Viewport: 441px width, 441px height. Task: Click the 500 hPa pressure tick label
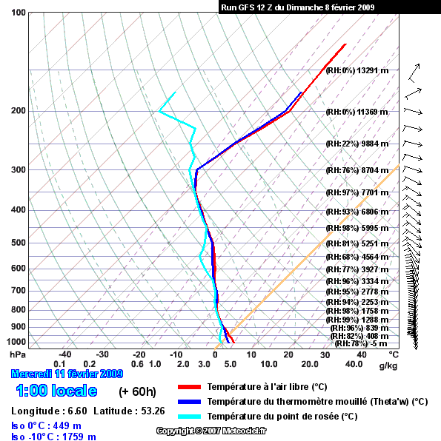pyautogui.click(x=19, y=243)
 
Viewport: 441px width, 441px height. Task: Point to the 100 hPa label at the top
pyautogui.click(x=19, y=13)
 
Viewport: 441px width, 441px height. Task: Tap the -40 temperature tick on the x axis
pyautogui.click(x=65, y=354)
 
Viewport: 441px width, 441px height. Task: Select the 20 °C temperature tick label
pyautogui.click(x=288, y=354)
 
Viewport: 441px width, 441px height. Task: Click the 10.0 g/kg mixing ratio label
pyautogui.click(x=269, y=364)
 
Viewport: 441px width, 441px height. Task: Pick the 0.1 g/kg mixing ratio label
pyautogui.click(x=59, y=364)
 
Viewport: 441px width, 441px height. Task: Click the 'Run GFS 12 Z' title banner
pyautogui.click(x=297, y=7)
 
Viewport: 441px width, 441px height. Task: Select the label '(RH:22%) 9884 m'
pyautogui.click(x=357, y=144)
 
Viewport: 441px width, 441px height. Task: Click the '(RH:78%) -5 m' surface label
pyautogui.click(x=361, y=343)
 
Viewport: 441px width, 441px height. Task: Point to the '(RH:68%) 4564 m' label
pyautogui.click(x=357, y=257)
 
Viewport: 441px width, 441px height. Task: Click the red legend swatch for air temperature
pyautogui.click(x=189, y=387)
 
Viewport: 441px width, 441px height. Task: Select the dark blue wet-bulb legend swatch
pyautogui.click(x=189, y=402)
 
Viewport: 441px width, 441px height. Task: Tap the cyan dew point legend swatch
pyautogui.click(x=189, y=417)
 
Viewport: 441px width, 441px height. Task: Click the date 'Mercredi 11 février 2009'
pyautogui.click(x=67, y=374)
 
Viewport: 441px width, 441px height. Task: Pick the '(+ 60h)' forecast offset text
pyautogui.click(x=137, y=391)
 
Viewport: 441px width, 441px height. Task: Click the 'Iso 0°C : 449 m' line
pyautogui.click(x=46, y=425)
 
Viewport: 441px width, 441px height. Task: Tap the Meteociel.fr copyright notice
pyautogui.click(x=211, y=431)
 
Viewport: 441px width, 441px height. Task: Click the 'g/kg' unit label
pyautogui.click(x=388, y=366)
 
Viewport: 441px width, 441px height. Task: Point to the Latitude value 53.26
pyautogui.click(x=153, y=411)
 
